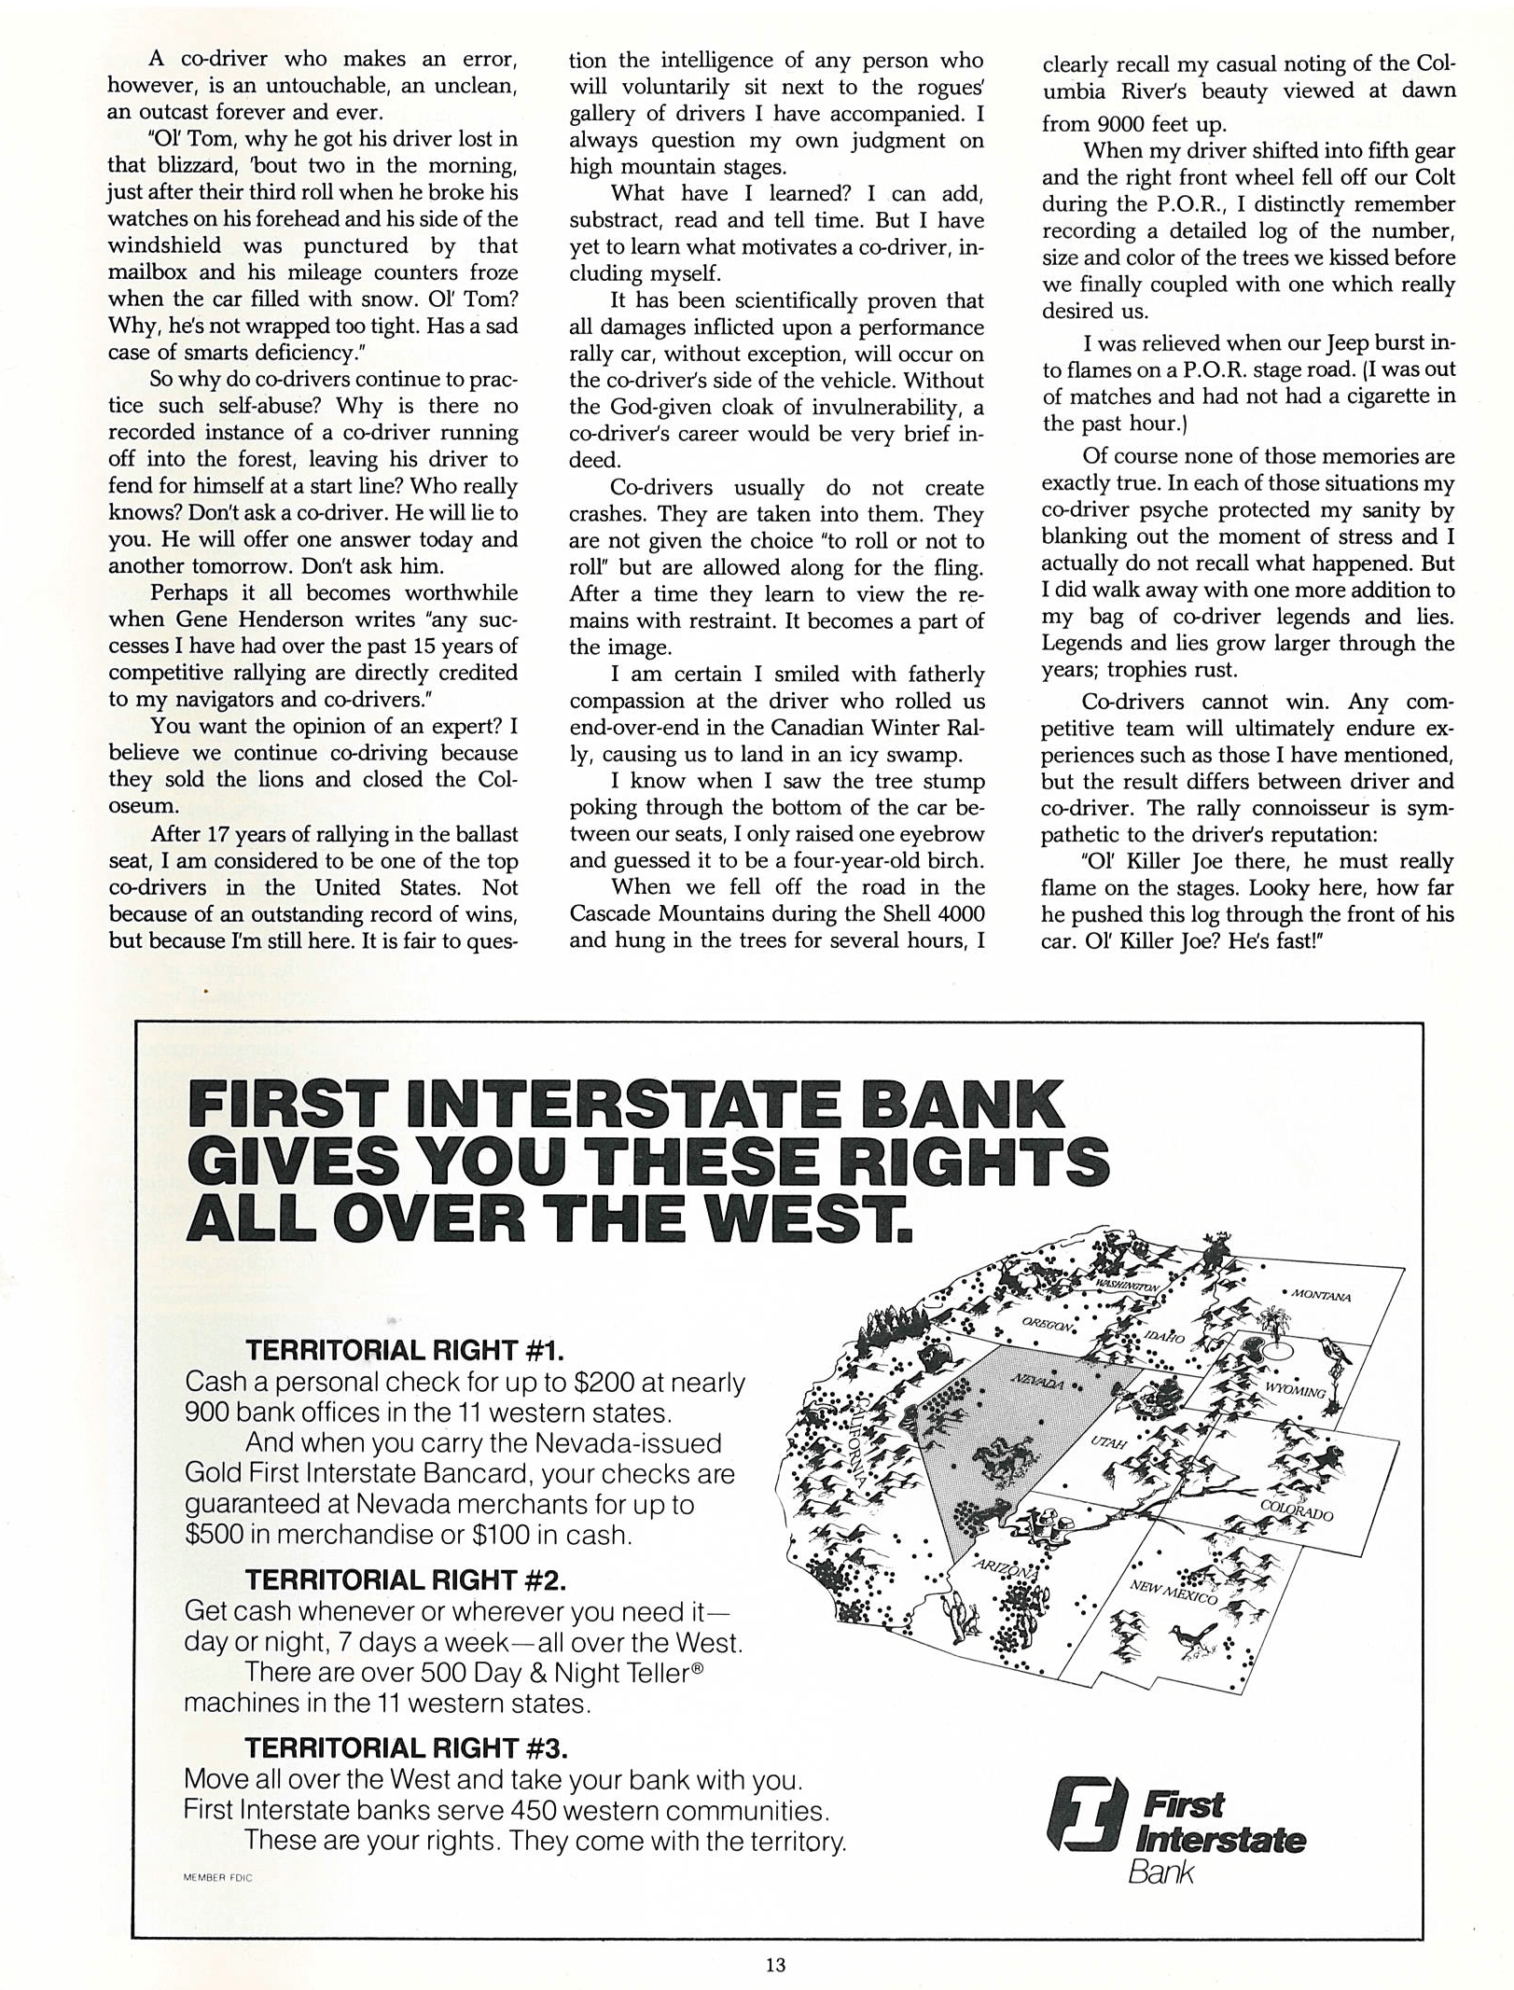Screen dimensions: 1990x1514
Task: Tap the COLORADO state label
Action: coord(1296,1510)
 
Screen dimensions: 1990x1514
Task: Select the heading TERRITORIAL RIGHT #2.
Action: coord(405,1579)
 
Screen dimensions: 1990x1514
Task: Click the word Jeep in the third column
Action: coord(1318,343)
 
